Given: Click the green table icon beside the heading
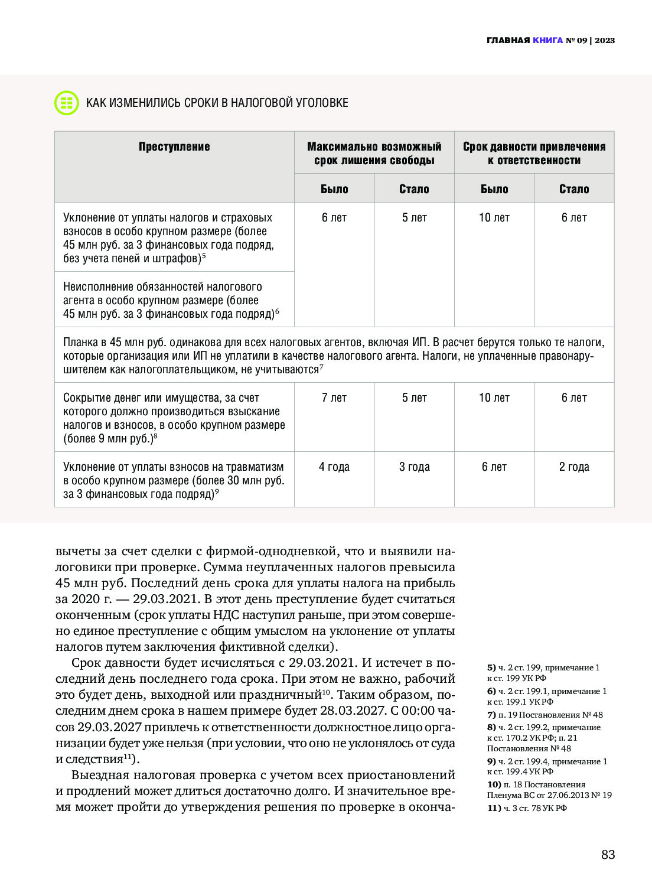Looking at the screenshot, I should click(x=66, y=103).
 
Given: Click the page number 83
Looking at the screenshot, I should click(x=608, y=854).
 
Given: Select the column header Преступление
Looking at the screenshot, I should click(x=174, y=147).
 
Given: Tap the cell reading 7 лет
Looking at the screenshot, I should click(x=334, y=398).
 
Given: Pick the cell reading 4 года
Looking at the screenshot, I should click(x=334, y=467).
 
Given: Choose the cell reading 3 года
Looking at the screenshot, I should click(x=414, y=467).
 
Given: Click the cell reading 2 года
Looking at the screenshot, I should click(x=574, y=467).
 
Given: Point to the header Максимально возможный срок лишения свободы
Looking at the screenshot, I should click(x=374, y=154).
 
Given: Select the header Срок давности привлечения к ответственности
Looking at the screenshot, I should click(x=534, y=154).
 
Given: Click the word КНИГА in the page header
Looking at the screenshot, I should click(x=547, y=41).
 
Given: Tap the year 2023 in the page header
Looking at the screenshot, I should click(x=605, y=41).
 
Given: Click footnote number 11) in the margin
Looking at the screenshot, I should click(x=494, y=808).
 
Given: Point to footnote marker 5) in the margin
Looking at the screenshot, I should click(x=491, y=667).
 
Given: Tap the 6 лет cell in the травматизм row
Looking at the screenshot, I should click(x=494, y=467).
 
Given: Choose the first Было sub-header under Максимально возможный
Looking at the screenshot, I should click(x=334, y=189).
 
